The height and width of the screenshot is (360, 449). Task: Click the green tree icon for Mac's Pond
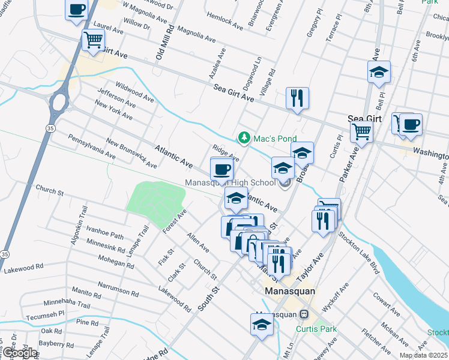click(244, 138)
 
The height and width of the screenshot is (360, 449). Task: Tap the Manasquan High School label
click(230, 182)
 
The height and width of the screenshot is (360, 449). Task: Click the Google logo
click(19, 352)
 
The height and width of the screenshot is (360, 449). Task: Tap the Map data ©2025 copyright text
click(423, 355)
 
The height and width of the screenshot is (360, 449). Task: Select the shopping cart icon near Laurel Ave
click(93, 40)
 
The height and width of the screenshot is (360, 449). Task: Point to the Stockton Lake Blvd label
click(358, 250)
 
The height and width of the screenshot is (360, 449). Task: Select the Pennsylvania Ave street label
click(91, 146)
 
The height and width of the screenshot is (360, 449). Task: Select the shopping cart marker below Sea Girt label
click(361, 131)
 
